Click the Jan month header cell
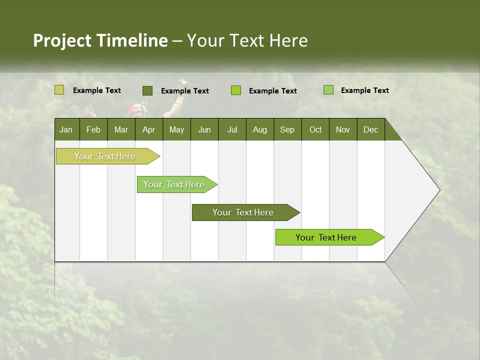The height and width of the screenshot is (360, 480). coord(66,129)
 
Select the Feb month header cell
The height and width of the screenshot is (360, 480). coord(93,129)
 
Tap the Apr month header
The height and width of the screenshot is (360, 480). coord(149,129)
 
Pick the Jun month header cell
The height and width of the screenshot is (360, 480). coord(204,129)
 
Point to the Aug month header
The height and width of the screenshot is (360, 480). coord(260,129)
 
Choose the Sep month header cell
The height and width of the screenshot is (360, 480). coord(287,129)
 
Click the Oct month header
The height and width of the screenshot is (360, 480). coord(315,129)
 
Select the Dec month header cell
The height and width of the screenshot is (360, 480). coord(371,129)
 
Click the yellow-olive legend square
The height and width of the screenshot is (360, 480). coord(59,90)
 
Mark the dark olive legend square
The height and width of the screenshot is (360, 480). coord(147,90)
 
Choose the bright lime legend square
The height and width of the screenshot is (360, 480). coord(236,90)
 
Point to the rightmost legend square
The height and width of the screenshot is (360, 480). coord(328,90)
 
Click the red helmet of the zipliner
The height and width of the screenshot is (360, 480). coord(135,109)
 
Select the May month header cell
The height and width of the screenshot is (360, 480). coord(176,129)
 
